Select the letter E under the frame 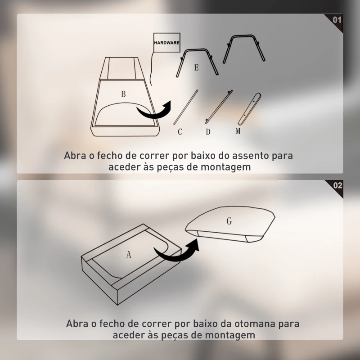[x=197, y=67]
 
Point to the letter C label [x=180, y=132]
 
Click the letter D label [x=208, y=132]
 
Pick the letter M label [x=238, y=131]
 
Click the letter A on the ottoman [x=129, y=255]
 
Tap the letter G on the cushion [x=229, y=221]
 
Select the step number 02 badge [x=337, y=185]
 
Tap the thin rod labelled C [x=186, y=107]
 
